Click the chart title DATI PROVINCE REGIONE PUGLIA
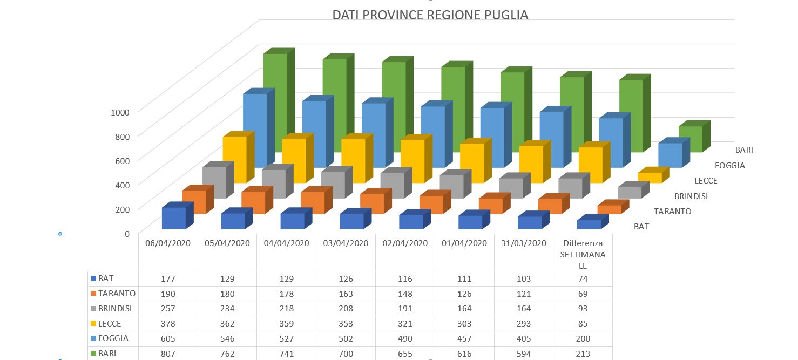point(430,15)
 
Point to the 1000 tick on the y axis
point(120,112)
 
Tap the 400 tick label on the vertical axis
point(122,185)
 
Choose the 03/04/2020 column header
point(346,243)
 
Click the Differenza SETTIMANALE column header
point(583,254)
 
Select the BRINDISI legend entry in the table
point(111,308)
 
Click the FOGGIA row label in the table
point(110,338)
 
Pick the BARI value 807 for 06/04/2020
point(168,354)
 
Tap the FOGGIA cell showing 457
point(464,338)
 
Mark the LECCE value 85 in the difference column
point(583,324)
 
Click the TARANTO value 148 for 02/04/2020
point(405,294)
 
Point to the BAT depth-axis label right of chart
point(641,227)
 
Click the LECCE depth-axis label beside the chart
point(706,180)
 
